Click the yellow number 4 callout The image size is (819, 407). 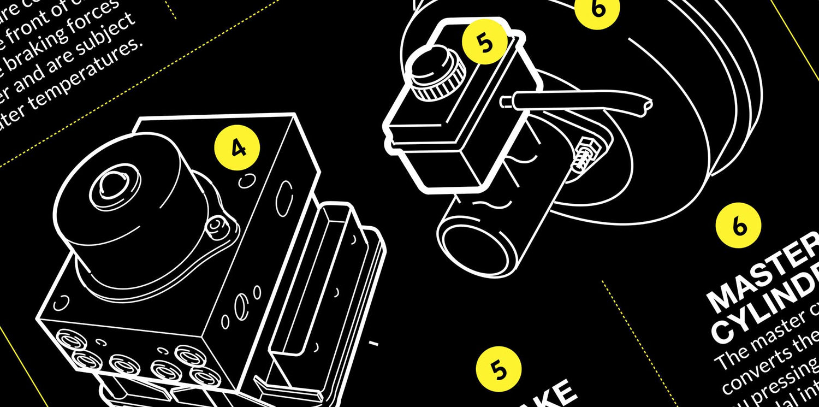click(x=238, y=148)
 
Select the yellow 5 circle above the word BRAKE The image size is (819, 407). click(x=498, y=370)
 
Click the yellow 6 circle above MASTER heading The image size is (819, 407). click(x=739, y=225)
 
